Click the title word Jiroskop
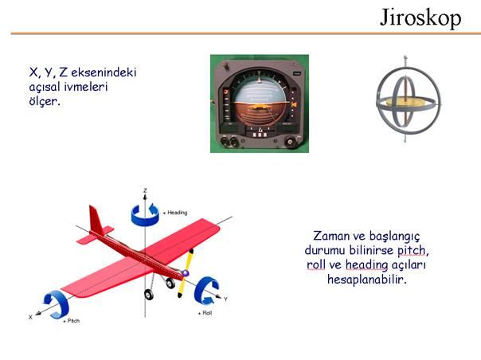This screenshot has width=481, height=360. [420, 18]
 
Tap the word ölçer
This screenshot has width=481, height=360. [44, 100]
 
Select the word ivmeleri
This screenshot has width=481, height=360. [86, 87]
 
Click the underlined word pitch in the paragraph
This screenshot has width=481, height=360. [412, 251]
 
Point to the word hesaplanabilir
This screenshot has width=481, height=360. [367, 280]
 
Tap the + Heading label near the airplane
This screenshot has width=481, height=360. [175, 213]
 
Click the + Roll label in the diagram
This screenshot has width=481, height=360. [205, 313]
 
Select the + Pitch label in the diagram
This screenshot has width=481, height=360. [71, 321]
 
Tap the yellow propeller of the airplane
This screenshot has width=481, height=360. [186, 273]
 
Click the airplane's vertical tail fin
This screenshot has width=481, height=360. [96, 220]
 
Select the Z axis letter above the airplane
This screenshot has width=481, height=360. [145, 190]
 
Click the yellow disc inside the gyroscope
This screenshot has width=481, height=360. [408, 102]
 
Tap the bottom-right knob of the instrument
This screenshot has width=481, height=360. [290, 142]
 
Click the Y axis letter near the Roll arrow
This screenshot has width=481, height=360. [226, 299]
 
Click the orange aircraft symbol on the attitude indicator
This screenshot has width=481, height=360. [260, 107]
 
